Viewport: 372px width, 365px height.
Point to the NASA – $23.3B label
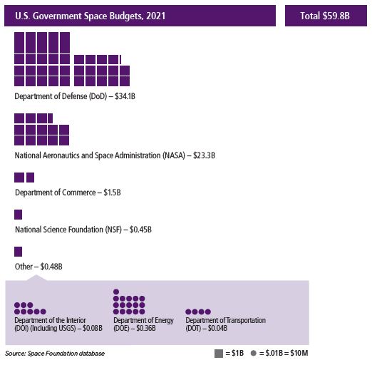tap(115, 155)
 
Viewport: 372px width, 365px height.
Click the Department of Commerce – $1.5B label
tap(68, 192)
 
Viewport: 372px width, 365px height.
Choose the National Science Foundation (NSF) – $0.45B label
tap(83, 230)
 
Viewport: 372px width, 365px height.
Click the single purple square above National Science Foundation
tap(19, 215)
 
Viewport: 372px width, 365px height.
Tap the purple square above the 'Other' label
tap(19, 251)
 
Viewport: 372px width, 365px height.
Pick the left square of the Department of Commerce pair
tap(19, 178)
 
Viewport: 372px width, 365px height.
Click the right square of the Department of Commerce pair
tap(30, 178)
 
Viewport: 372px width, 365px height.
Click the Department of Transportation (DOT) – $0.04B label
tap(226, 324)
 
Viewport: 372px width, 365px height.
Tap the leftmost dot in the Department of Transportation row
tap(189, 312)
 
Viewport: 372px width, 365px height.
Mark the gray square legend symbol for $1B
tap(218, 354)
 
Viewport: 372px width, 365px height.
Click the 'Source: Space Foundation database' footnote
tap(55, 354)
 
